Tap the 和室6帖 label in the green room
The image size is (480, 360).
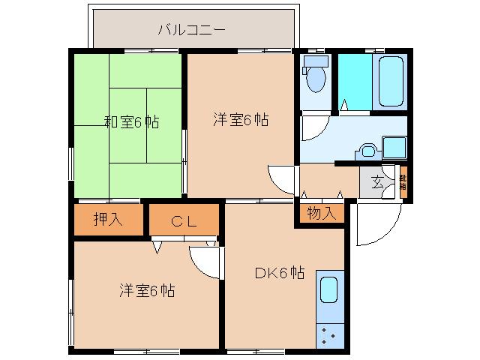coord(130,122)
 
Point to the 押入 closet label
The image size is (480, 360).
coord(107,220)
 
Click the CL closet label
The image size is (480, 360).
coord(183,220)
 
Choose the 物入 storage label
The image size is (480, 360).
coord(321,214)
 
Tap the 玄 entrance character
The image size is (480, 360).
coord(378,181)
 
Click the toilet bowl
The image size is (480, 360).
coord(316,79)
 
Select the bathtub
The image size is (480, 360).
coord(391,81)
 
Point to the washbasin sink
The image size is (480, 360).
coord(367,150)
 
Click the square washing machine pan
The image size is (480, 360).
coord(394,147)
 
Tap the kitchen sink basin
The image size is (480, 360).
coord(329,289)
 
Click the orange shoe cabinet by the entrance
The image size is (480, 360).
coord(403,183)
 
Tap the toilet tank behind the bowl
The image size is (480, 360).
coord(315,61)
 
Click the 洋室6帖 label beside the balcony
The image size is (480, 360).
coord(240,118)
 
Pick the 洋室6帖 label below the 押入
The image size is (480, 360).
coord(146,290)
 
